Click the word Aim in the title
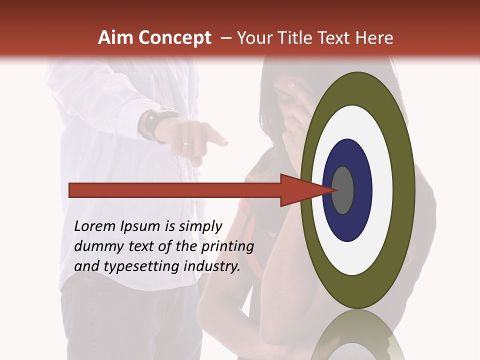click(115, 38)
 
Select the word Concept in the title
click(175, 38)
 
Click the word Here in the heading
click(374, 38)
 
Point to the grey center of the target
click(343, 190)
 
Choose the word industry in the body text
click(212, 267)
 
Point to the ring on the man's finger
click(187, 143)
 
